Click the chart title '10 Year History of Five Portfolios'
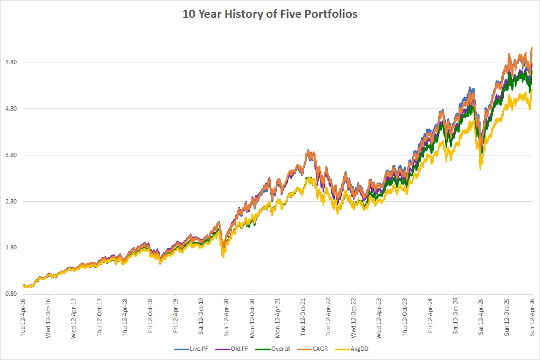270,14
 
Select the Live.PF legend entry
191,349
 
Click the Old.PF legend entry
232,349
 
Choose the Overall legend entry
273,349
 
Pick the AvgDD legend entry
352,349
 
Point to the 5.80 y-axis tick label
11,63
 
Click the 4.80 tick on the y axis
11,109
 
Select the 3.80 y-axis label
11,155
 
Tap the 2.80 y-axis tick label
11,201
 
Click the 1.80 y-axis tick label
11,248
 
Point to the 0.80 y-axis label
11,294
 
